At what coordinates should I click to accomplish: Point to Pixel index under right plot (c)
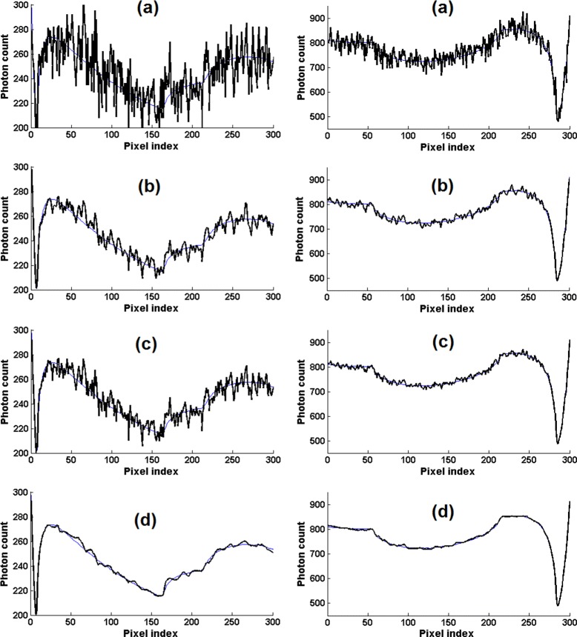[447, 463]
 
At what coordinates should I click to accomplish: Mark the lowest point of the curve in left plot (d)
[36, 613]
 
